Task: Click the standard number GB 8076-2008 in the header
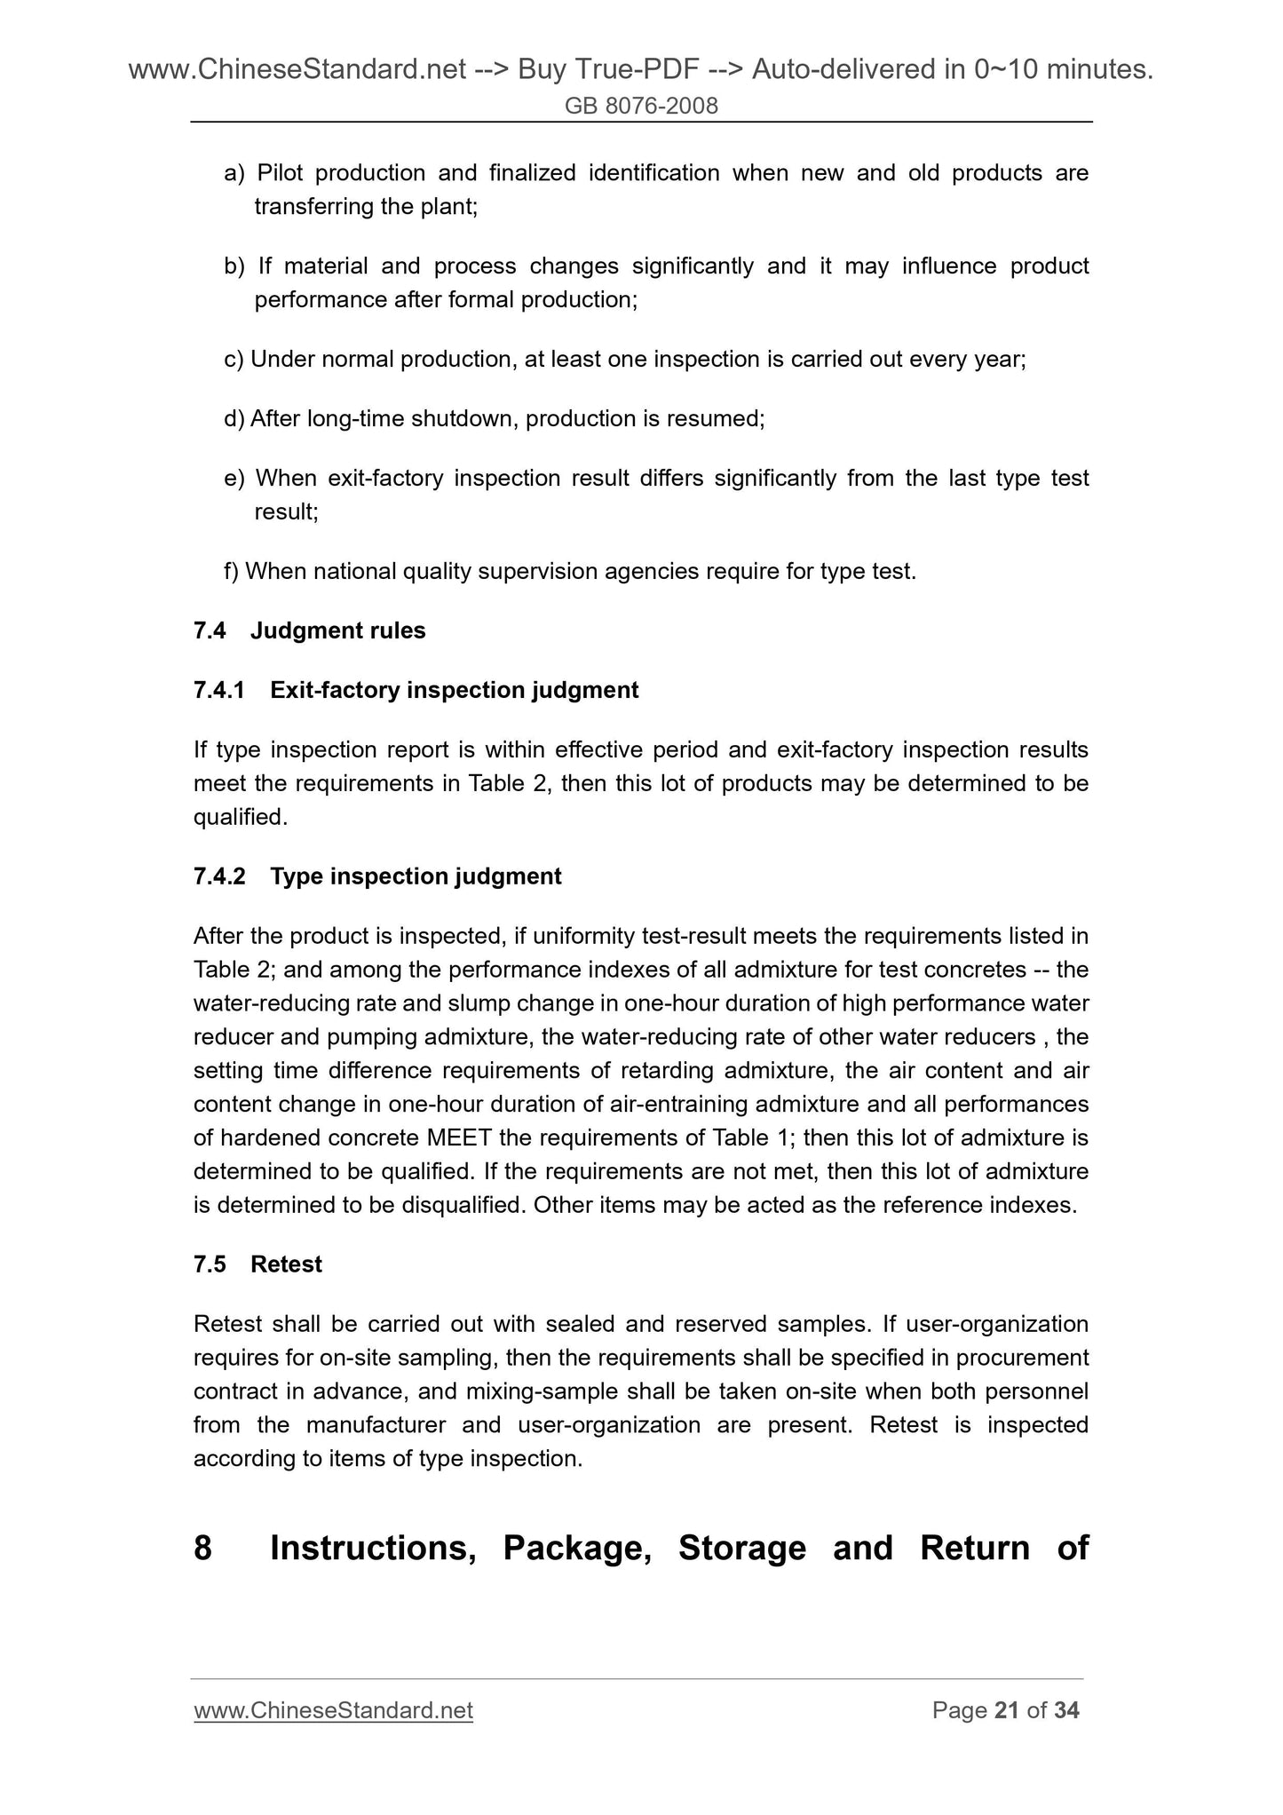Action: click(x=641, y=107)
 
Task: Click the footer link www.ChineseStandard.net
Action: click(x=333, y=1710)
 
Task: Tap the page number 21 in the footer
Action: click(x=1007, y=1710)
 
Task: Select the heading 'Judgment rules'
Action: click(x=338, y=630)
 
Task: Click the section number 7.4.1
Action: click(x=218, y=690)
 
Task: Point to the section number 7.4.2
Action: click(x=218, y=876)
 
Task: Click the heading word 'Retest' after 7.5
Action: click(x=286, y=1264)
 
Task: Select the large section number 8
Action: click(x=203, y=1548)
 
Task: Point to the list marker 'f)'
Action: click(x=232, y=571)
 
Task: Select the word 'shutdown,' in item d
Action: click(x=464, y=418)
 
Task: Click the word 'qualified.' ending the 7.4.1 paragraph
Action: click(x=241, y=817)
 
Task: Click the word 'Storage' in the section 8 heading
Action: click(x=742, y=1548)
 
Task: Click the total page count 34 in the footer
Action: click(x=1066, y=1710)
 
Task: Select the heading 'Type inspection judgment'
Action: click(x=416, y=876)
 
